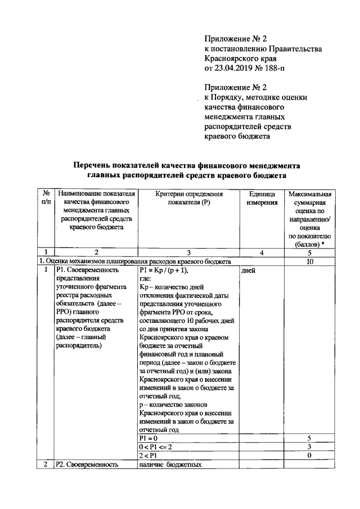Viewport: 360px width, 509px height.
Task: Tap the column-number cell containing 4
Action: [x=262, y=252]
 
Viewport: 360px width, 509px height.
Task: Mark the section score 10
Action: [x=309, y=262]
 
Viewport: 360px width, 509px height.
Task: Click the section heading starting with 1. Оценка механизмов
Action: [x=135, y=262]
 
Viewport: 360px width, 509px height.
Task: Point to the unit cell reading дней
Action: [x=248, y=271]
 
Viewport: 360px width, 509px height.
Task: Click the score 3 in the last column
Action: [x=309, y=446]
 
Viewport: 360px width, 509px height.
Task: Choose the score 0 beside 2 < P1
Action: [x=309, y=455]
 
